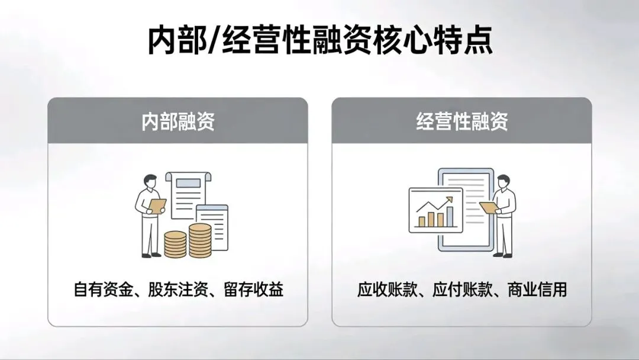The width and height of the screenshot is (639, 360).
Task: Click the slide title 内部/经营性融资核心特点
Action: tap(319, 40)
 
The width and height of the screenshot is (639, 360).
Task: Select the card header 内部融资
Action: tap(177, 122)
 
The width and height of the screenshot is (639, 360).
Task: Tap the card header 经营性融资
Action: tap(461, 122)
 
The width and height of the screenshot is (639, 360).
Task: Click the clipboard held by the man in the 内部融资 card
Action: tap(158, 205)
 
